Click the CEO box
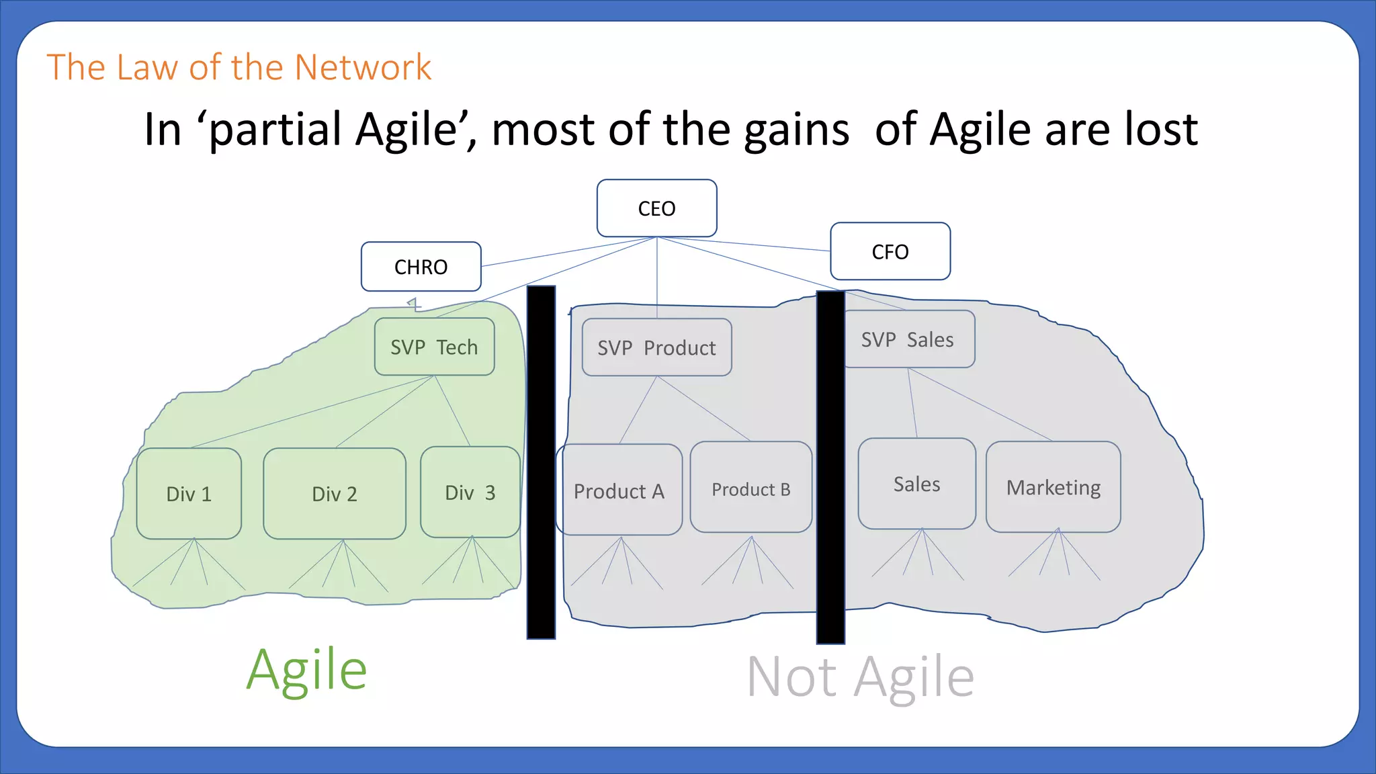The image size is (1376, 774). coord(656,208)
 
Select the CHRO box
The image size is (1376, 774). coord(421,267)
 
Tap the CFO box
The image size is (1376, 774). coord(890,251)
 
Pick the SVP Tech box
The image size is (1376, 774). coord(434,347)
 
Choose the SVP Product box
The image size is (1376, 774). coord(656,347)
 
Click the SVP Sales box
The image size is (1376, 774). coord(908,339)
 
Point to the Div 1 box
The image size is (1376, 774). coord(189,494)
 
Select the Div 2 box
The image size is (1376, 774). coord(335,494)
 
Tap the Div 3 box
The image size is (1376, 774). coord(470,492)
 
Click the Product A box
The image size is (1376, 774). coord(619,490)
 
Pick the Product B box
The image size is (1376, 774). coord(750,488)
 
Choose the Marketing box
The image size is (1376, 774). coord(1053,487)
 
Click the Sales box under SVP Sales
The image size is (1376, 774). coord(916,484)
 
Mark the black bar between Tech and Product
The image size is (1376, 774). coord(541,462)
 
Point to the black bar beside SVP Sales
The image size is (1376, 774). coord(830,467)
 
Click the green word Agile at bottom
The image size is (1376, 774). coord(306,670)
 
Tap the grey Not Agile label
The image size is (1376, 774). coord(860,677)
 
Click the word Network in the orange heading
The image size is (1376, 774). coord(363,67)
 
